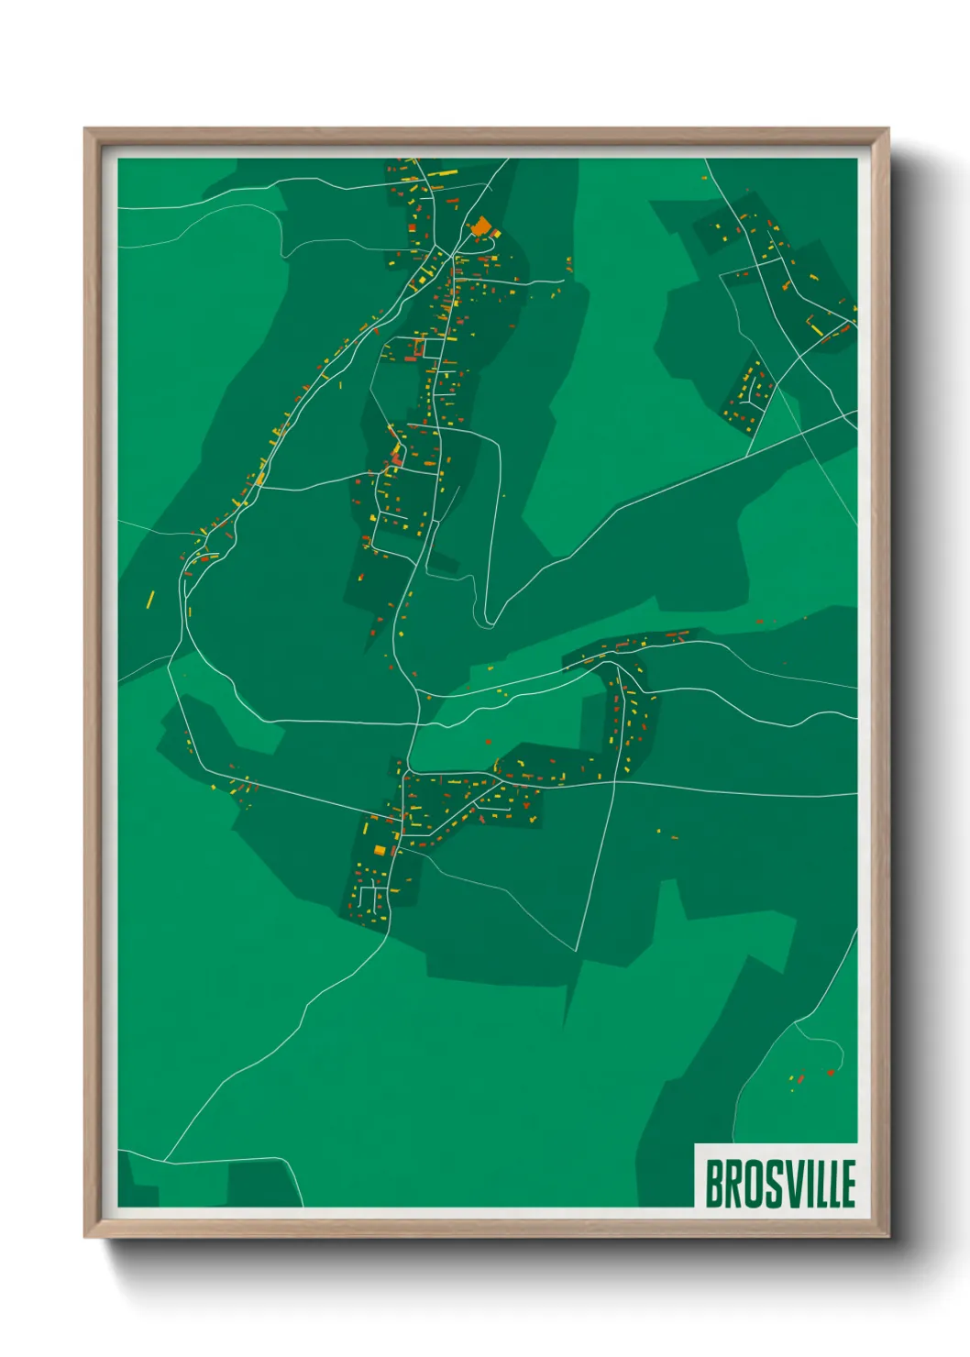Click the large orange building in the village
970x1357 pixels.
tap(480, 226)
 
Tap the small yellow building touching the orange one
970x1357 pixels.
tap(495, 235)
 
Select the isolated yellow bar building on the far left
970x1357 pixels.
tap(151, 600)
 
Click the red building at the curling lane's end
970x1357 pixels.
tap(831, 1072)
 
